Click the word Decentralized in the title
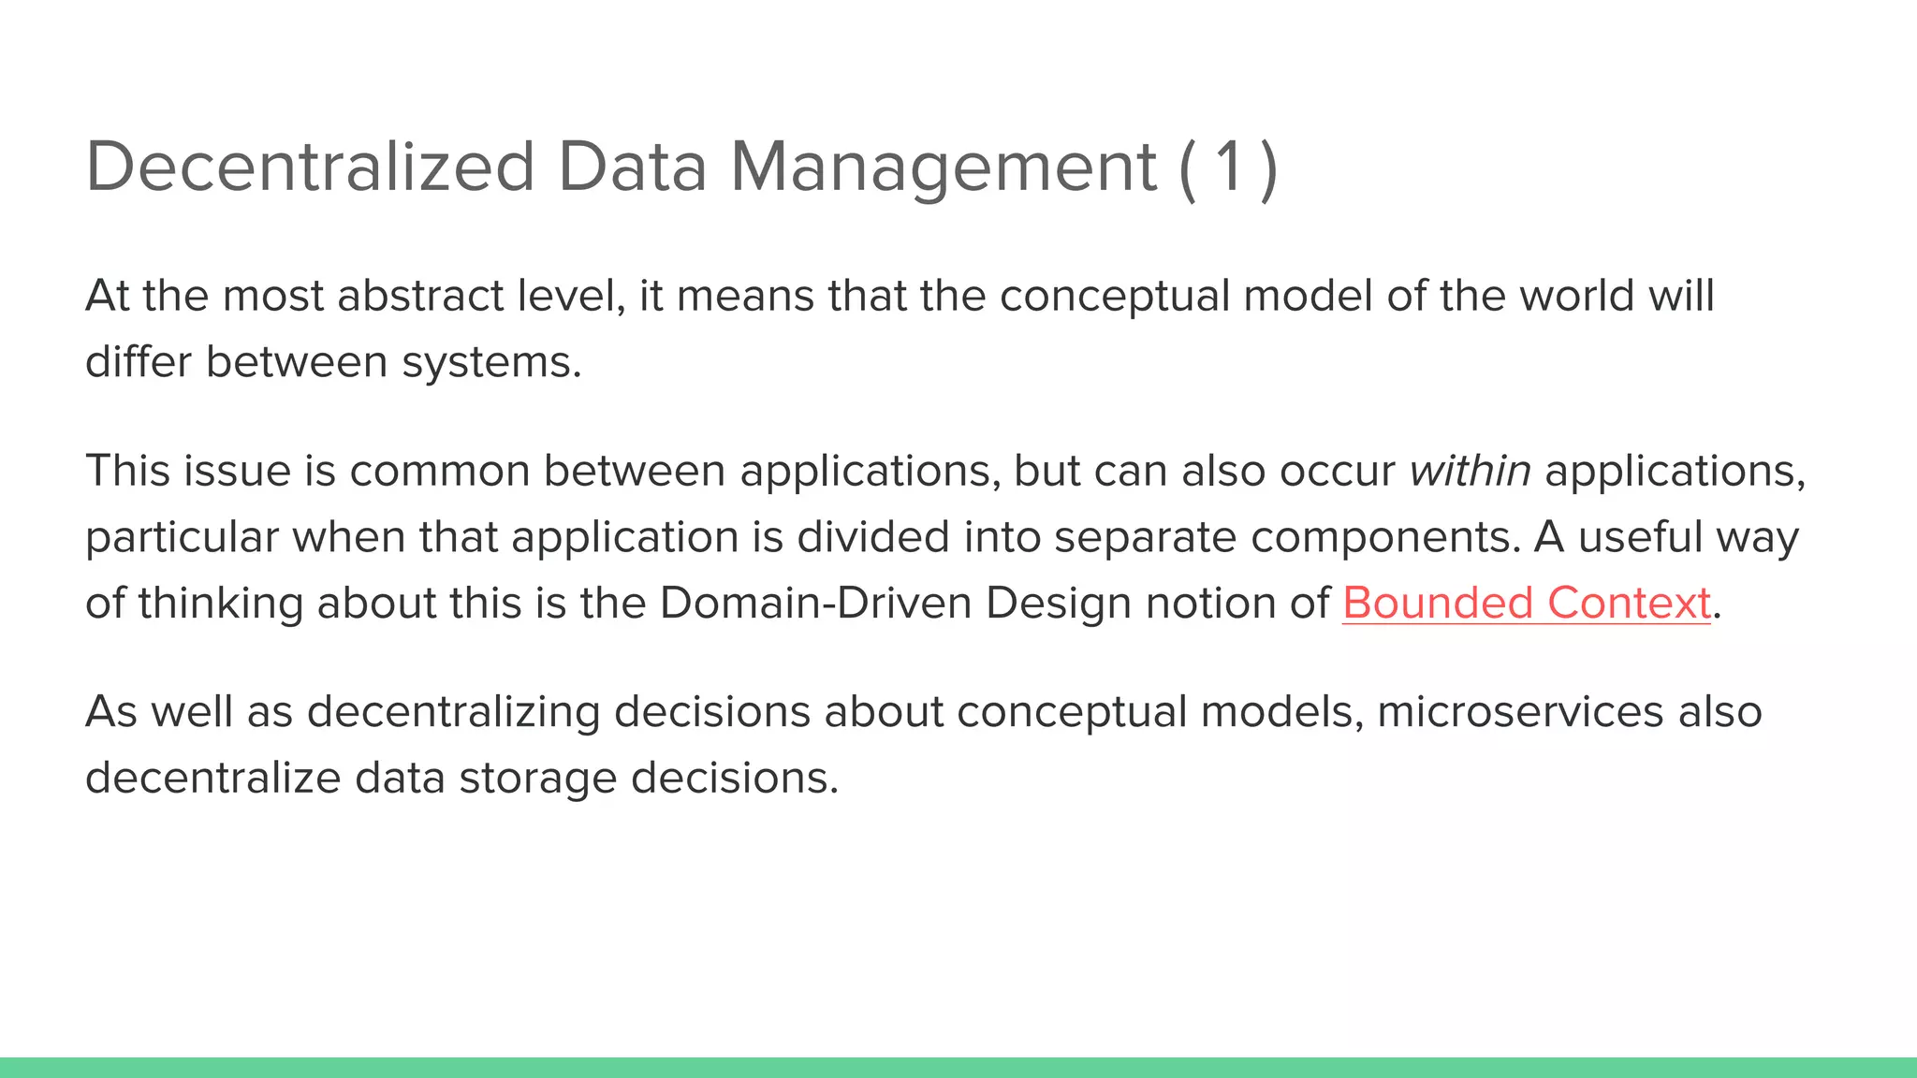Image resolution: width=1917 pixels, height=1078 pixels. pyautogui.click(x=310, y=168)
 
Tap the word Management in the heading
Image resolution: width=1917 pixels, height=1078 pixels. pyautogui.click(x=944, y=168)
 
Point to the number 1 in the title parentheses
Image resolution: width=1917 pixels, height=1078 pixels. pyautogui.click(x=1228, y=168)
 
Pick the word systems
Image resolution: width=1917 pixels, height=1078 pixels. pyautogui.click(x=491, y=362)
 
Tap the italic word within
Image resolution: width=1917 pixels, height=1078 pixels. pyautogui.click(x=1470, y=470)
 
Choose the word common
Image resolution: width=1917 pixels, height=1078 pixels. pyautogui.click(x=439, y=470)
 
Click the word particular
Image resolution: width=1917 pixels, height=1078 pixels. pyautogui.click(x=182, y=537)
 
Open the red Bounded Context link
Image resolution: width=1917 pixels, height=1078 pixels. pyautogui.click(x=1526, y=604)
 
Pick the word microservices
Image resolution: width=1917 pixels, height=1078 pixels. pyautogui.click(x=1519, y=712)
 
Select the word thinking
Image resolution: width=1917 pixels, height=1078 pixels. pyautogui.click(x=220, y=604)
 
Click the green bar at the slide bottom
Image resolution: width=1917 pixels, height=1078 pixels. pyautogui.click(x=958, y=1067)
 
